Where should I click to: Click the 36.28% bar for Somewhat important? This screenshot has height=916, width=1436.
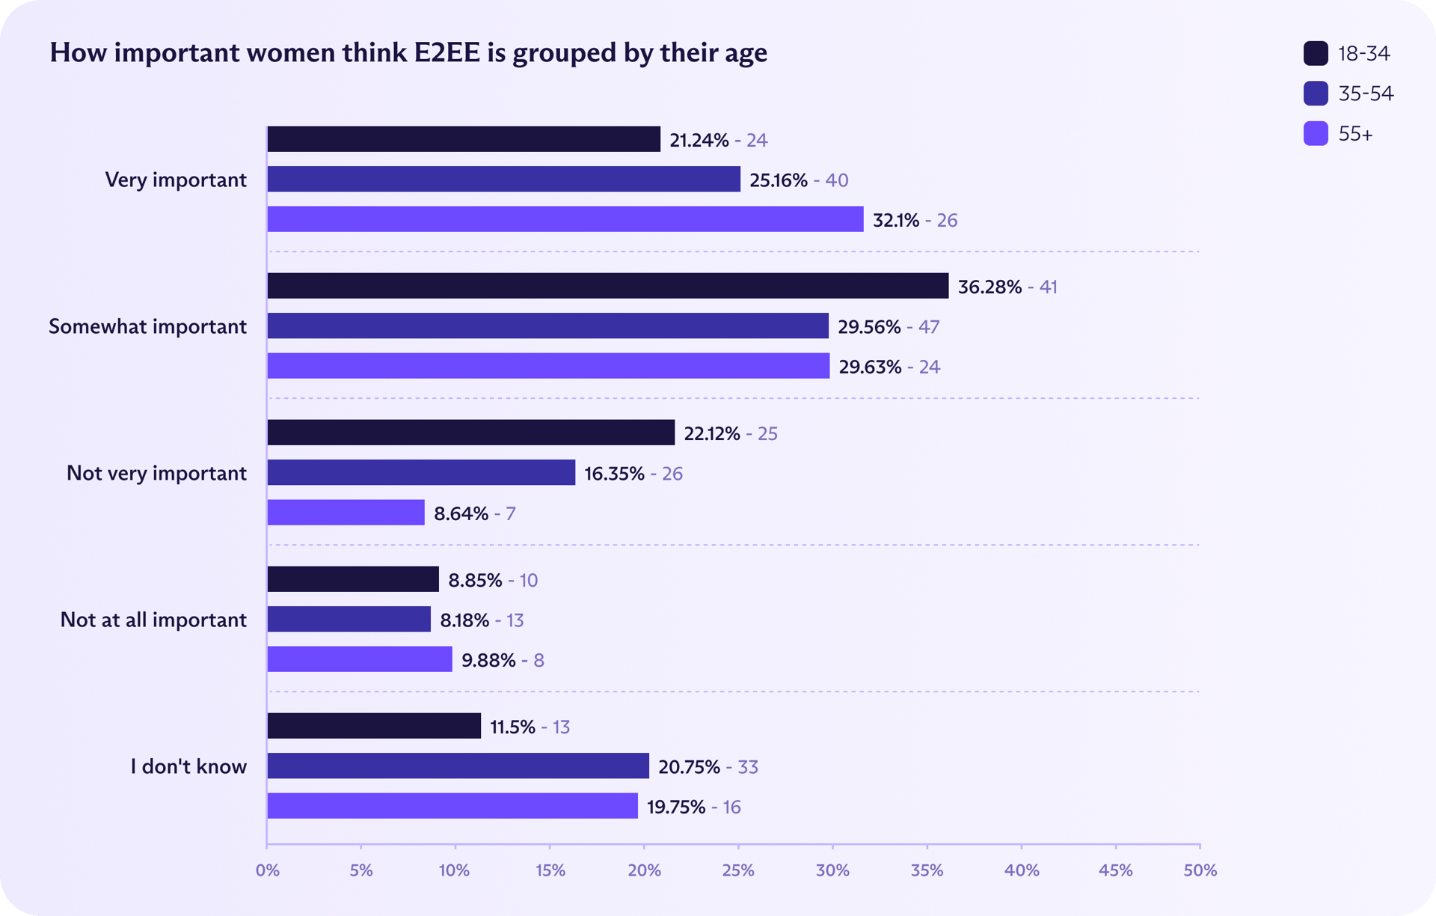(607, 286)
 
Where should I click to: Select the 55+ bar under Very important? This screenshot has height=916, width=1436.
(565, 219)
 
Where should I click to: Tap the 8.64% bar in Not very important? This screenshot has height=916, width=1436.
(346, 513)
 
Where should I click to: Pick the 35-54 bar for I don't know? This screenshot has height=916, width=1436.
(458, 766)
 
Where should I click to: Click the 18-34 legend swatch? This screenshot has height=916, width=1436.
(1316, 54)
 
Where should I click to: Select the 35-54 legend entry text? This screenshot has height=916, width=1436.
(1366, 94)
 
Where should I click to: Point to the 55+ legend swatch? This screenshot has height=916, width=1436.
(1316, 134)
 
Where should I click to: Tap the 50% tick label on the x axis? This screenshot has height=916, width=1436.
(1200, 870)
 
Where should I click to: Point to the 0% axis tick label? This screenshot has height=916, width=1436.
(267, 870)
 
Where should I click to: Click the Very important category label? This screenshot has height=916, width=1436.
(176, 180)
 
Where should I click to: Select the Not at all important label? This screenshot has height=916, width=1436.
(153, 620)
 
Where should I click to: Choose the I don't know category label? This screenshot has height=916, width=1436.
(188, 766)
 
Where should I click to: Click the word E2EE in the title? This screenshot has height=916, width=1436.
(447, 53)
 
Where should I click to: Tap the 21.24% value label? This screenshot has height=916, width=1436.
(699, 140)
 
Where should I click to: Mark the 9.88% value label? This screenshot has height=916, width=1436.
(488, 660)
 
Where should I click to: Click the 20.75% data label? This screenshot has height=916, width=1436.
(689, 766)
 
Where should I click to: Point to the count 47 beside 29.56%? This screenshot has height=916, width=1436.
(928, 326)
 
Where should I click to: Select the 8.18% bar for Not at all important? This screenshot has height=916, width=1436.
(349, 619)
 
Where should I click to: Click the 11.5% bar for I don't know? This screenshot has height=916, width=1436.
(374, 726)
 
